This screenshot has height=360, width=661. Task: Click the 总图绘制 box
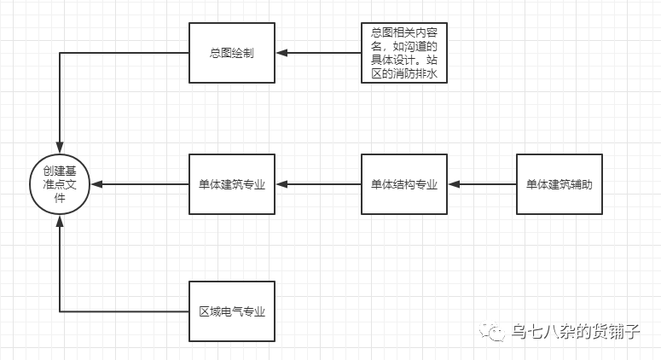pos(231,53)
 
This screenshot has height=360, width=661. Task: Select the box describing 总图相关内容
pos(403,53)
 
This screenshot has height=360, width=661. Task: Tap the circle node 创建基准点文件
pos(60,183)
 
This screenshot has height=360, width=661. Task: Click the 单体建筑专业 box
pos(231,183)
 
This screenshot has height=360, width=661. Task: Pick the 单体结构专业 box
pos(403,183)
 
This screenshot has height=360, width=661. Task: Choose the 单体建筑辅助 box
pos(559,183)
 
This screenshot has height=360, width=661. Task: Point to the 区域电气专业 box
pos(231,311)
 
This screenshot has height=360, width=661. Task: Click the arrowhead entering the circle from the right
pos(96,183)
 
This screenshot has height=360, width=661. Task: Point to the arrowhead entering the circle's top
pos(60,146)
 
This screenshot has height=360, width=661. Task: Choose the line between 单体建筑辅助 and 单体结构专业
pos(486,183)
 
